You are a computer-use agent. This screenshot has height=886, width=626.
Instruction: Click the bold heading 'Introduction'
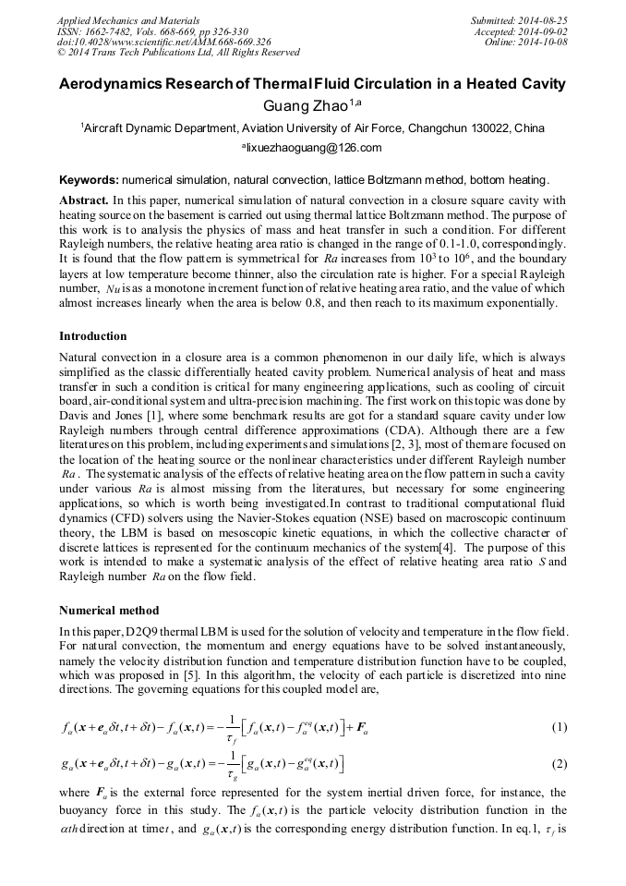[x=93, y=335]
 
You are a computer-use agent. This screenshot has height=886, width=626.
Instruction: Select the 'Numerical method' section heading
[x=109, y=611]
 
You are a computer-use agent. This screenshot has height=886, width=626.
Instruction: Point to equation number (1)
[x=559, y=727]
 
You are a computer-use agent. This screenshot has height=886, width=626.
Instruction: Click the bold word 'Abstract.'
[x=84, y=200]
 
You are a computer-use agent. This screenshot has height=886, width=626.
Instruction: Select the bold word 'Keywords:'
[x=89, y=179]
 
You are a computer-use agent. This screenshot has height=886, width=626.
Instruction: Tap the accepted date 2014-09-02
[x=542, y=30]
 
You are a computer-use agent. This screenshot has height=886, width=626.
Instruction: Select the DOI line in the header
[x=164, y=42]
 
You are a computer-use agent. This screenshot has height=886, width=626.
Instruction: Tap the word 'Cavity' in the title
[x=539, y=84]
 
